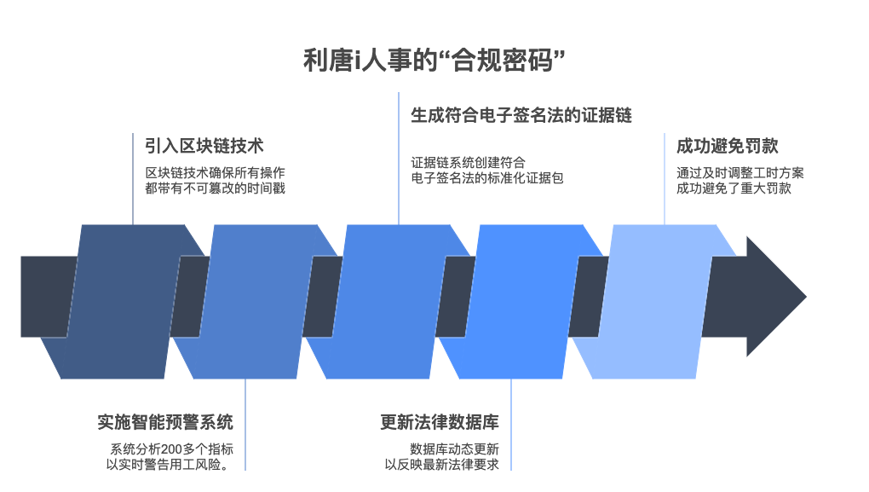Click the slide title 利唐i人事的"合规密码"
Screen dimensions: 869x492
(434, 61)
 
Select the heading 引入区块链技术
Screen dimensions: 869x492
(204, 146)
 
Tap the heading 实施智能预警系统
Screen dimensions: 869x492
(165, 422)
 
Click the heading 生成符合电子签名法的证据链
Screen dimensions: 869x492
(521, 115)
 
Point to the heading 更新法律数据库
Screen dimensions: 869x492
(440, 422)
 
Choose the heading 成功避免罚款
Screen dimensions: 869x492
(728, 146)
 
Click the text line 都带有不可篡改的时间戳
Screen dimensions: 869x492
(215, 188)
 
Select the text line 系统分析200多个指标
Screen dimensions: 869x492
(171, 449)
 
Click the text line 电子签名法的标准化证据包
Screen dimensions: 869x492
(487, 177)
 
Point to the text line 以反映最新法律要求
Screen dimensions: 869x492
(441, 465)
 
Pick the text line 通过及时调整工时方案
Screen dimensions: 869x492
(740, 172)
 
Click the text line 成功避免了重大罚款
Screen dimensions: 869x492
(734, 188)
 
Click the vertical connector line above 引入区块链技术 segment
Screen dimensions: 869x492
(134, 179)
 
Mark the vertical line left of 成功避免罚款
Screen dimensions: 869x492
(665, 179)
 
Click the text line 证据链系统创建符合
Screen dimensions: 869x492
(468, 162)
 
